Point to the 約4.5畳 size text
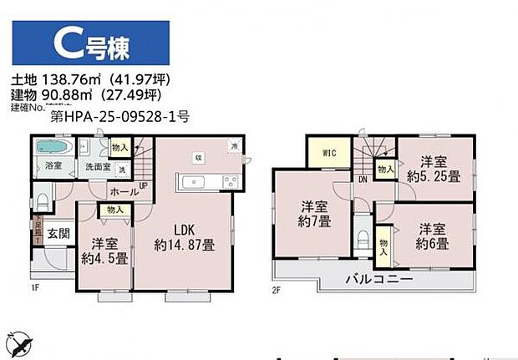[x=104, y=260]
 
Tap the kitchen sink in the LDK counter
[x=199, y=181]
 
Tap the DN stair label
[x=362, y=178]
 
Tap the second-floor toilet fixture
[x=362, y=237]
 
